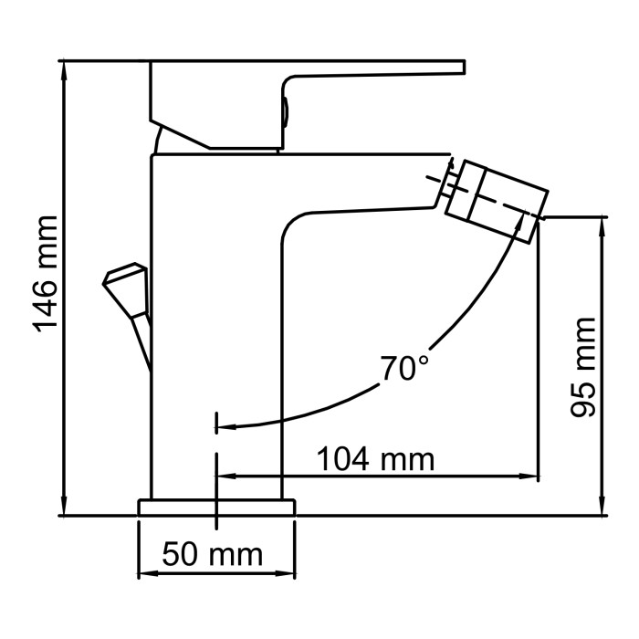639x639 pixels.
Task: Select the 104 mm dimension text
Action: (x=375, y=458)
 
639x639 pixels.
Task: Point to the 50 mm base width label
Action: (x=213, y=554)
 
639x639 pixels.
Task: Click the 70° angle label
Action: (x=404, y=369)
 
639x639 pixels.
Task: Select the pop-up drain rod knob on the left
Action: (x=125, y=284)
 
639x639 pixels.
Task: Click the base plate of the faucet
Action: (x=217, y=507)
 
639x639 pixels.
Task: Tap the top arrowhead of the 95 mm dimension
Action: (x=602, y=225)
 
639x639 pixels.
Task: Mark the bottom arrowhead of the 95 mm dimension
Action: (x=602, y=508)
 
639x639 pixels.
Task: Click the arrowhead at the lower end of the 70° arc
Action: (x=226, y=425)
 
